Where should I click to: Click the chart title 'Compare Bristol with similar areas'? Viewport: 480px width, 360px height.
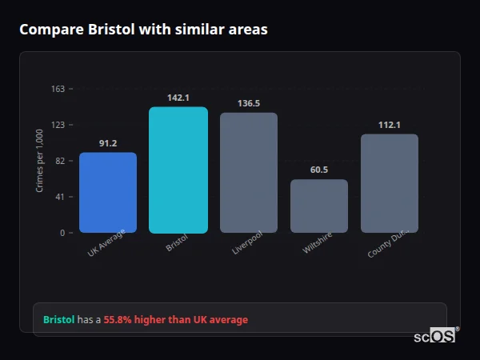[x=143, y=30]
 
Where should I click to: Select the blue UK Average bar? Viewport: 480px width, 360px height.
[x=108, y=193]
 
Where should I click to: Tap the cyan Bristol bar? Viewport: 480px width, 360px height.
[x=178, y=170]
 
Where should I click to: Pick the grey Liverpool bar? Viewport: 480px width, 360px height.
[x=249, y=173]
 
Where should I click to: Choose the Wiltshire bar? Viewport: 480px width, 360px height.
[x=319, y=206]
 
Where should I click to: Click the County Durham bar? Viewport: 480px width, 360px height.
[x=390, y=183]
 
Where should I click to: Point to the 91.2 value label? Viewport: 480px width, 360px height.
[x=108, y=143]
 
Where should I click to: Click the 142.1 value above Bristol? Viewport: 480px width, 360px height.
[x=178, y=98]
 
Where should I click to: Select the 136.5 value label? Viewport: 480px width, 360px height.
[x=249, y=103]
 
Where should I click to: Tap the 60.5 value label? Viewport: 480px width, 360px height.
[x=319, y=170]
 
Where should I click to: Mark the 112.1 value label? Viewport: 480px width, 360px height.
[x=390, y=125]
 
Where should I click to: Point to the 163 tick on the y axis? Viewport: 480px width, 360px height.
[x=58, y=89]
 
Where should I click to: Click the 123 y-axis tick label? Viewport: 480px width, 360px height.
[x=58, y=125]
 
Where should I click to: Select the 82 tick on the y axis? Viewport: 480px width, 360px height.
[x=59, y=161]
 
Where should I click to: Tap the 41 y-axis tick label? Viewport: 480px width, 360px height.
[x=59, y=197]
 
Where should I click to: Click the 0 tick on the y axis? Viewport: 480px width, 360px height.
[x=62, y=233]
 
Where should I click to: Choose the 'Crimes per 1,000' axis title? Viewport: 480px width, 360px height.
[x=40, y=161]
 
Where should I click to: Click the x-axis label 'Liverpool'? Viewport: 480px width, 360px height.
[x=247, y=245]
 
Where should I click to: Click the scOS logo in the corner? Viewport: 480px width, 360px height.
[x=435, y=337]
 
